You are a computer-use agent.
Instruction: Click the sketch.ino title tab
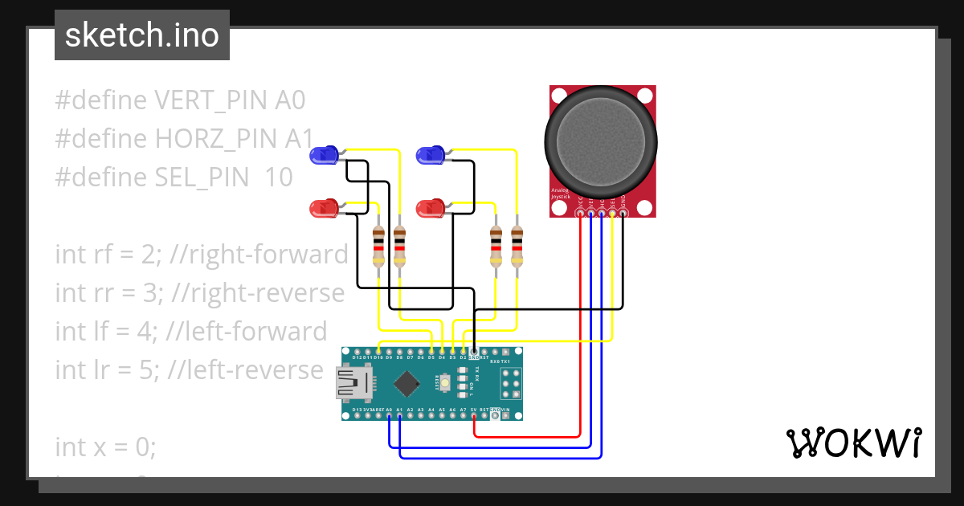141,35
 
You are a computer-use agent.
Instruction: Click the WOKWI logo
852,443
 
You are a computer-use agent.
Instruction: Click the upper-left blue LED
325,155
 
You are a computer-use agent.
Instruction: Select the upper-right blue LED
431,155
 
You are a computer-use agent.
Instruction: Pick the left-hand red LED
325,210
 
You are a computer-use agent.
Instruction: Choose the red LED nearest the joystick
431,210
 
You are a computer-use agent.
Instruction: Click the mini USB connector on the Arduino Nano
352,384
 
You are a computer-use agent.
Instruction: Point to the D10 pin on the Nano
378,352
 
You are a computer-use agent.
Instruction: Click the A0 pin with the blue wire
389,415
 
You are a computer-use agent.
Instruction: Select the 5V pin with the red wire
474,415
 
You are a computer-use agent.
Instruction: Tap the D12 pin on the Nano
357,352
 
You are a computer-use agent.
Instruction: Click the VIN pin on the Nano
505,415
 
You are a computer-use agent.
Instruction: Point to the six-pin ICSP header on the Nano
511,384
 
